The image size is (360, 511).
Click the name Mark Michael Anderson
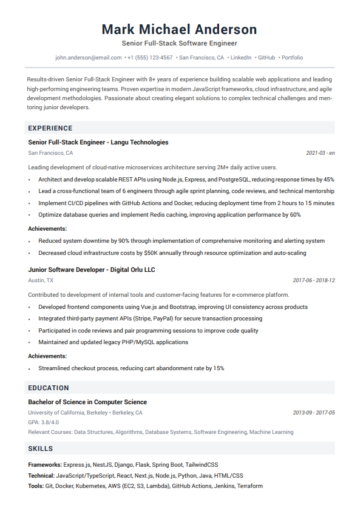pyautogui.click(x=179, y=29)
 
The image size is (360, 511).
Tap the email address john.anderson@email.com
pyautogui.click(x=89, y=58)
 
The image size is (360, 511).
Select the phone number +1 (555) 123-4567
pyautogui.click(x=150, y=58)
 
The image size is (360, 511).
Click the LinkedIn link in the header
pyautogui.click(x=241, y=58)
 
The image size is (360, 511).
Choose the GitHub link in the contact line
pyautogui.click(x=267, y=58)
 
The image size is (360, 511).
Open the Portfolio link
pyautogui.click(x=292, y=58)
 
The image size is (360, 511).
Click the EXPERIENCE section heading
pyautogui.click(x=50, y=128)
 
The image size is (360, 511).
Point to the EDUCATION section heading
pyautogui.click(x=49, y=388)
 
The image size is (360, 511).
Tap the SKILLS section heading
pyautogui.click(x=41, y=448)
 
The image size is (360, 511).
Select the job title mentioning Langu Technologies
pyautogui.click(x=98, y=142)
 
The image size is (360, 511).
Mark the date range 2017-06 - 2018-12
pyautogui.click(x=314, y=280)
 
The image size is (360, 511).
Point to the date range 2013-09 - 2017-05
pyautogui.click(x=314, y=413)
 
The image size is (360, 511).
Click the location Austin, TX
pyautogui.click(x=41, y=280)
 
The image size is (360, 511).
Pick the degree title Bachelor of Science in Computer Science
pyautogui.click(x=87, y=402)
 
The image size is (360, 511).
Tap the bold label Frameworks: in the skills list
pyautogui.click(x=45, y=464)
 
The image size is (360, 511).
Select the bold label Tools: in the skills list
pyautogui.click(x=36, y=486)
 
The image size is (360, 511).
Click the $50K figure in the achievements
pyautogui.click(x=137, y=253)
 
